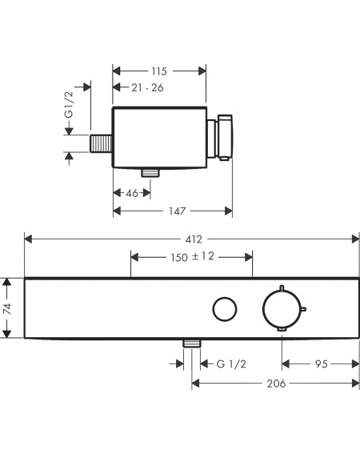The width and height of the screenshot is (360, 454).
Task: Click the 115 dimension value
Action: point(159,71)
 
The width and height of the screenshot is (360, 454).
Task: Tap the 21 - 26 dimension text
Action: point(147,87)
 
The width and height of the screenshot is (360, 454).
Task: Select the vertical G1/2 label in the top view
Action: point(70,105)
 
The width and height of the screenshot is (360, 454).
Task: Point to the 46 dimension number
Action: point(132,193)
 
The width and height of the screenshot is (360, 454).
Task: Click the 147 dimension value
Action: point(177,211)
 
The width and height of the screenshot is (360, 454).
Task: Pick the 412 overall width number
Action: point(194,239)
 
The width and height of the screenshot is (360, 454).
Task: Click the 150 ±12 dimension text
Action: point(192,257)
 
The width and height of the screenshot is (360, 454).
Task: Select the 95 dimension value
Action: point(322,364)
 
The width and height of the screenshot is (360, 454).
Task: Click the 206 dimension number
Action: point(276,384)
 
